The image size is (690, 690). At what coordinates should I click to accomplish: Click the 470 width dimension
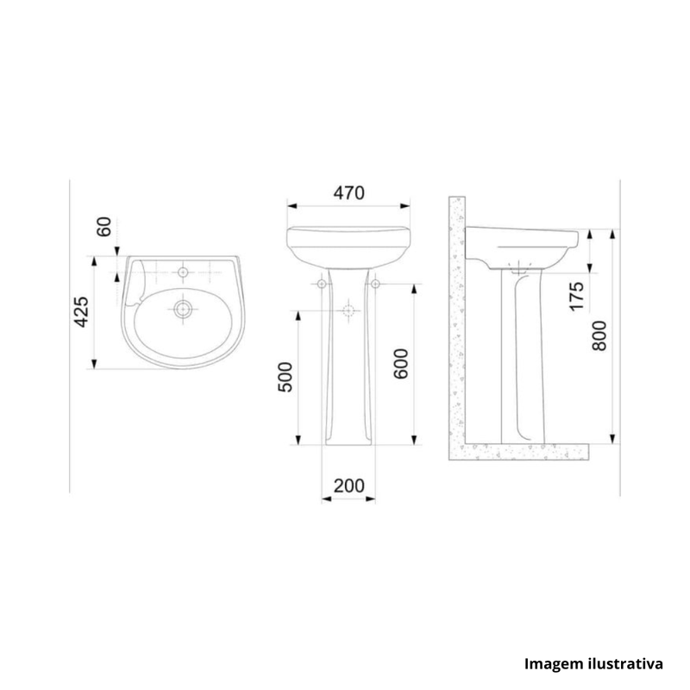coord(348,193)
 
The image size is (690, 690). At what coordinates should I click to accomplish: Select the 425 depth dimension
coord(81,311)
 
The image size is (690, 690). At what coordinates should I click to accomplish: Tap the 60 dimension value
coord(103,228)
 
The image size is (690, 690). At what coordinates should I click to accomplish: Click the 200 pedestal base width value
coord(348,486)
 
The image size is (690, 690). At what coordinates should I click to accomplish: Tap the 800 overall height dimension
coord(600,335)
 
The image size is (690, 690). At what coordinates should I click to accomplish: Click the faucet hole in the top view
coord(183,273)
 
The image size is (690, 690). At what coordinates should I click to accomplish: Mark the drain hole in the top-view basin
coord(183,308)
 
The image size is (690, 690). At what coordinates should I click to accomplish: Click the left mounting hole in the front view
coord(322,284)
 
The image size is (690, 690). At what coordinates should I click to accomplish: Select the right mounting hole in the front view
coord(375,284)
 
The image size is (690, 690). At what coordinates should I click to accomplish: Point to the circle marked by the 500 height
coord(348,310)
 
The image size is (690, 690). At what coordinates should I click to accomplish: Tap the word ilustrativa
coord(626,663)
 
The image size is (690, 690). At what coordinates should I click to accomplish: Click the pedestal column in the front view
coord(348,379)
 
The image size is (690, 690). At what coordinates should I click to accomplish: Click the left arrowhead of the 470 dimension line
coord(292,206)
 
